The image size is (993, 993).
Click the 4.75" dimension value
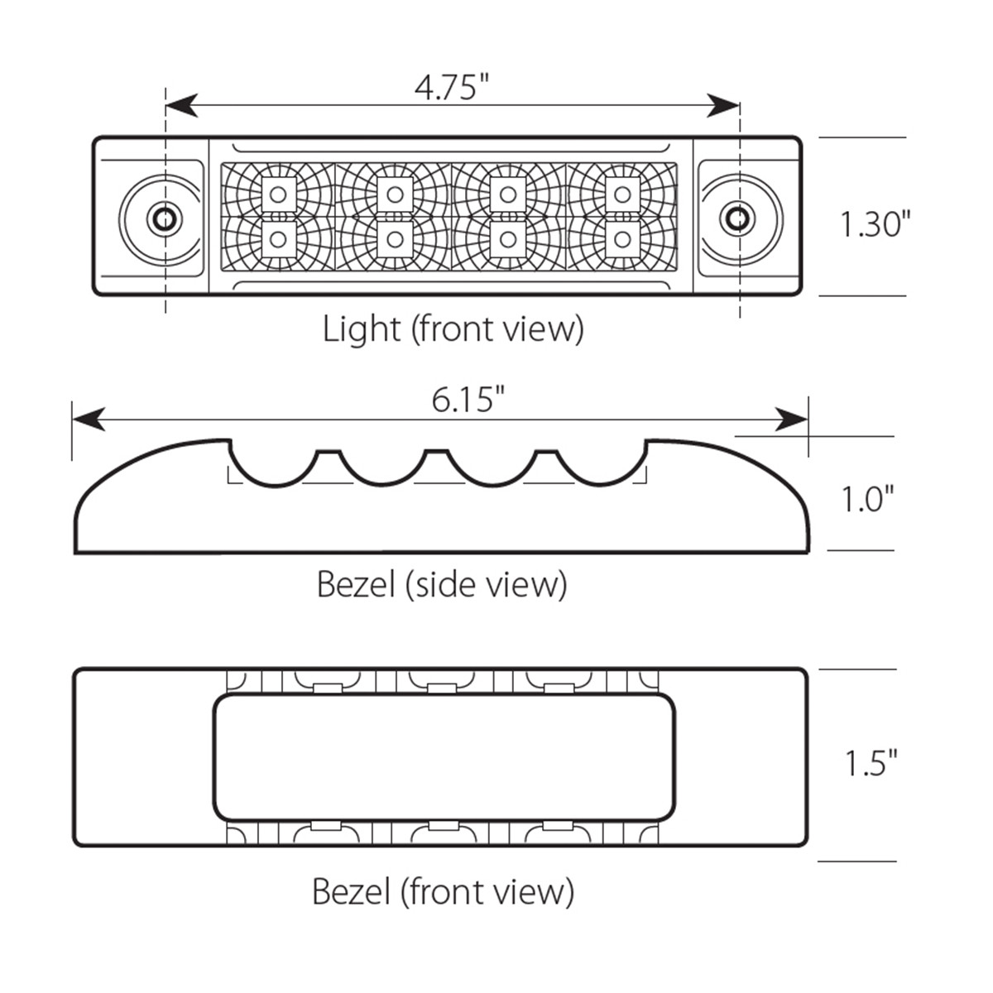click(452, 86)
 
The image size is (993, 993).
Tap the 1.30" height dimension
click(875, 223)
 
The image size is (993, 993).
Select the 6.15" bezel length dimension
click(468, 400)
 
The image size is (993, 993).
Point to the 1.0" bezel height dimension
click(867, 499)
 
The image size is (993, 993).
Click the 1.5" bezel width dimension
click(871, 763)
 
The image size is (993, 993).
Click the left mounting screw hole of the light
click(162, 218)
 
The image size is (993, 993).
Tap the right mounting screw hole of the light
click(733, 218)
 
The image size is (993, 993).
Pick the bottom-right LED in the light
click(621, 239)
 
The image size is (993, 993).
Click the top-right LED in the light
click(621, 194)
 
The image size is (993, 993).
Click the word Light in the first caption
click(361, 329)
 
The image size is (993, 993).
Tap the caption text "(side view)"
click(487, 585)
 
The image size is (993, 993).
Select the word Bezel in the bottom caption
click(351, 892)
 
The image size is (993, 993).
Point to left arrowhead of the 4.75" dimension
click(180, 105)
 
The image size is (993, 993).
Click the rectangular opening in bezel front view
click(444, 757)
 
